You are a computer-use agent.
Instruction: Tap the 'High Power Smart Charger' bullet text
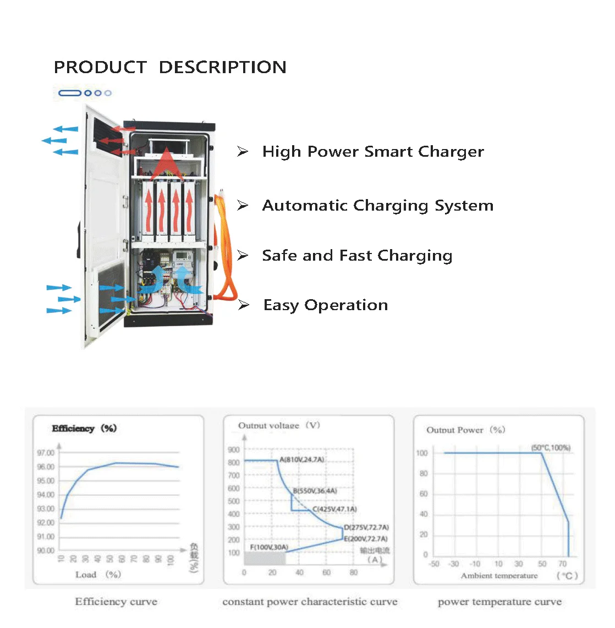pyautogui.click(x=373, y=152)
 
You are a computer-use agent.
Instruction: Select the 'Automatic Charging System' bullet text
pyautogui.click(x=377, y=206)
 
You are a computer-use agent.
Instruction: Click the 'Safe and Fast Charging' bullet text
pyautogui.click(x=357, y=256)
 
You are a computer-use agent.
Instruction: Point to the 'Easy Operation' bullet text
pyautogui.click(x=326, y=305)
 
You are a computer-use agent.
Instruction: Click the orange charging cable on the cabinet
pyautogui.click(x=226, y=247)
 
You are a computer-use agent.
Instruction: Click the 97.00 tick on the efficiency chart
pyautogui.click(x=46, y=453)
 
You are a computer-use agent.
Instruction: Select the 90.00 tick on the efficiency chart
pyautogui.click(x=46, y=550)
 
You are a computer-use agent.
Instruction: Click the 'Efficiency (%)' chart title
pyautogui.click(x=84, y=428)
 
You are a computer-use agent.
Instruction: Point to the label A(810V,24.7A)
pyautogui.click(x=301, y=459)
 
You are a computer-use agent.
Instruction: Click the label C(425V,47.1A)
pyautogui.click(x=334, y=509)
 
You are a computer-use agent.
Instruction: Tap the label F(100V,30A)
pyautogui.click(x=269, y=547)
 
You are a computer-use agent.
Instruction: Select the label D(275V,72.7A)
pyautogui.click(x=366, y=527)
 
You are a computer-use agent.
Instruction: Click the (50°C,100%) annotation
pyautogui.click(x=551, y=448)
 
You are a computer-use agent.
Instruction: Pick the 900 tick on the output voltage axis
pyautogui.click(x=234, y=449)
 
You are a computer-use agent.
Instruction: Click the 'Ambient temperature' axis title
pyautogui.click(x=499, y=576)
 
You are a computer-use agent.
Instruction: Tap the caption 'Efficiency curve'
pyautogui.click(x=116, y=602)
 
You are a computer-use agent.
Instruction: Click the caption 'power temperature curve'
pyautogui.click(x=499, y=602)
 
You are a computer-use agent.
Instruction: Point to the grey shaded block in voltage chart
pyautogui.click(x=265, y=558)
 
